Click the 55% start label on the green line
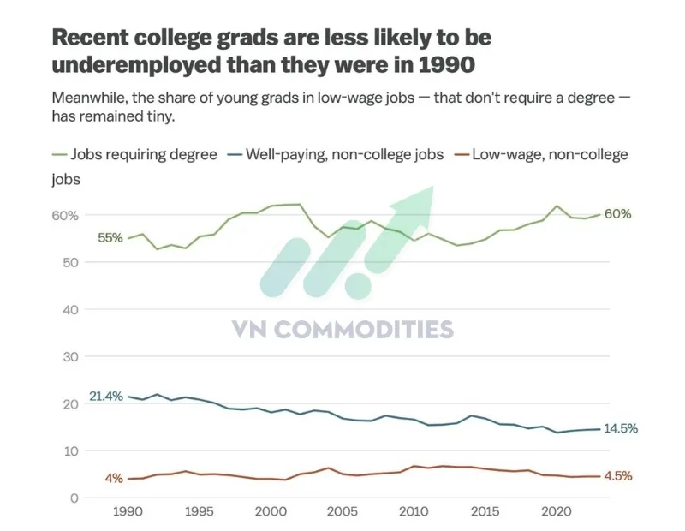coord(110,237)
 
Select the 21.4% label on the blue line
coord(105,397)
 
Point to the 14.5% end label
coord(620,428)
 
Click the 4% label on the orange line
coord(114,478)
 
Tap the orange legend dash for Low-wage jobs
coord(458,155)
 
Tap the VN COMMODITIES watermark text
coord(343,330)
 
